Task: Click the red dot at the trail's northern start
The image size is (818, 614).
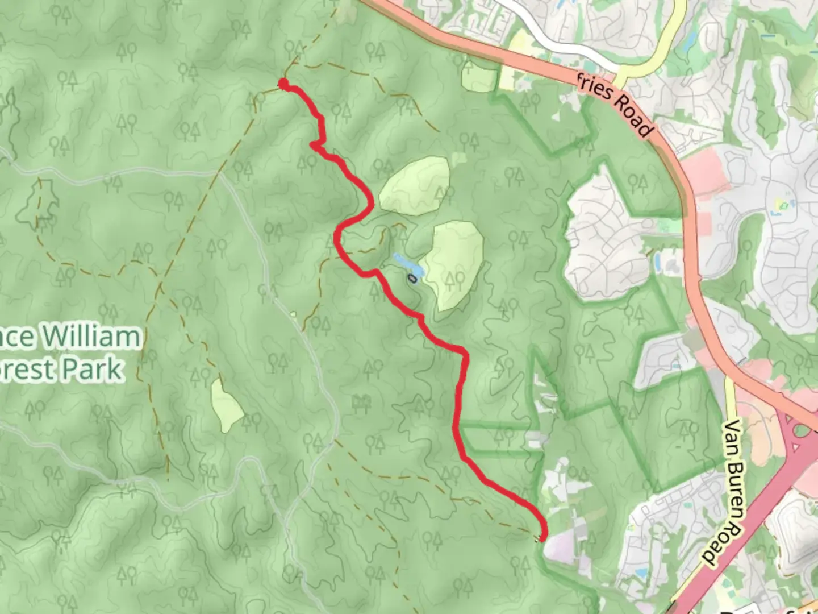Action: click(x=283, y=85)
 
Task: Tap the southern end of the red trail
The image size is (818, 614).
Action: click(x=542, y=537)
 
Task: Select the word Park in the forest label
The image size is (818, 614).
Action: click(x=92, y=370)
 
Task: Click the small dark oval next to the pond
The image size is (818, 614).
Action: click(x=412, y=279)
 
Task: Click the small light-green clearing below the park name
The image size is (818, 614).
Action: click(x=226, y=405)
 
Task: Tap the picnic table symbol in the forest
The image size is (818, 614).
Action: click(x=361, y=403)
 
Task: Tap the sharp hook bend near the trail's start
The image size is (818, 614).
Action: click(x=314, y=146)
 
